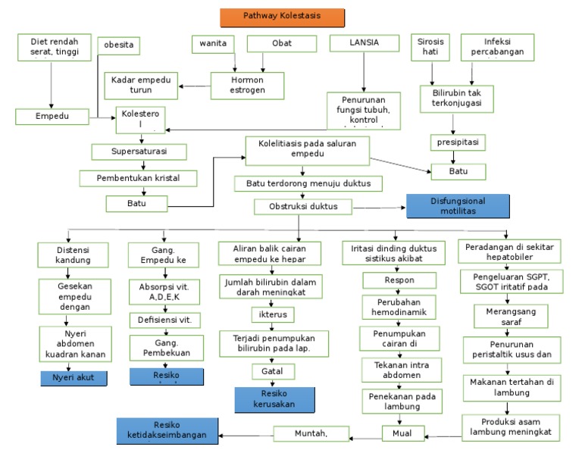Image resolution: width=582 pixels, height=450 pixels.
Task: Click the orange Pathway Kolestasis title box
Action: click(x=282, y=17)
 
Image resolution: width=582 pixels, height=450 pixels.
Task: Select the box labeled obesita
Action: click(x=119, y=45)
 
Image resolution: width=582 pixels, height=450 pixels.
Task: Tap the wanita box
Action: click(x=212, y=44)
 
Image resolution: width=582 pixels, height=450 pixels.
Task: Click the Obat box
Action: click(x=281, y=44)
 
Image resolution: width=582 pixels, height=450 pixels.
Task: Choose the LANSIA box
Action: click(x=364, y=44)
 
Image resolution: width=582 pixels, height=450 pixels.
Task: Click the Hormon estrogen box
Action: click(x=247, y=86)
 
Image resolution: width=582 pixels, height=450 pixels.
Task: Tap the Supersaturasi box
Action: click(x=139, y=152)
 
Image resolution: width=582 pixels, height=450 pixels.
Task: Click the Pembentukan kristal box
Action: click(x=139, y=179)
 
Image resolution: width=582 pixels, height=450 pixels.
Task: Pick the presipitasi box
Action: click(x=457, y=142)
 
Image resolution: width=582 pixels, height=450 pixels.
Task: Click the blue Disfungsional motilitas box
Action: click(x=457, y=206)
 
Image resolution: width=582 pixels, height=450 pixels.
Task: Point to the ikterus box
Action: click(x=273, y=313)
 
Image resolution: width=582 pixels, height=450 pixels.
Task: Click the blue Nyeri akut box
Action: click(x=74, y=377)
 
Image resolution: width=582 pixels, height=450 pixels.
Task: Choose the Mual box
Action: click(x=402, y=433)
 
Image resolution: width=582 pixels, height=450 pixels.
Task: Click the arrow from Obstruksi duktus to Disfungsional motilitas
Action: click(x=379, y=207)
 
